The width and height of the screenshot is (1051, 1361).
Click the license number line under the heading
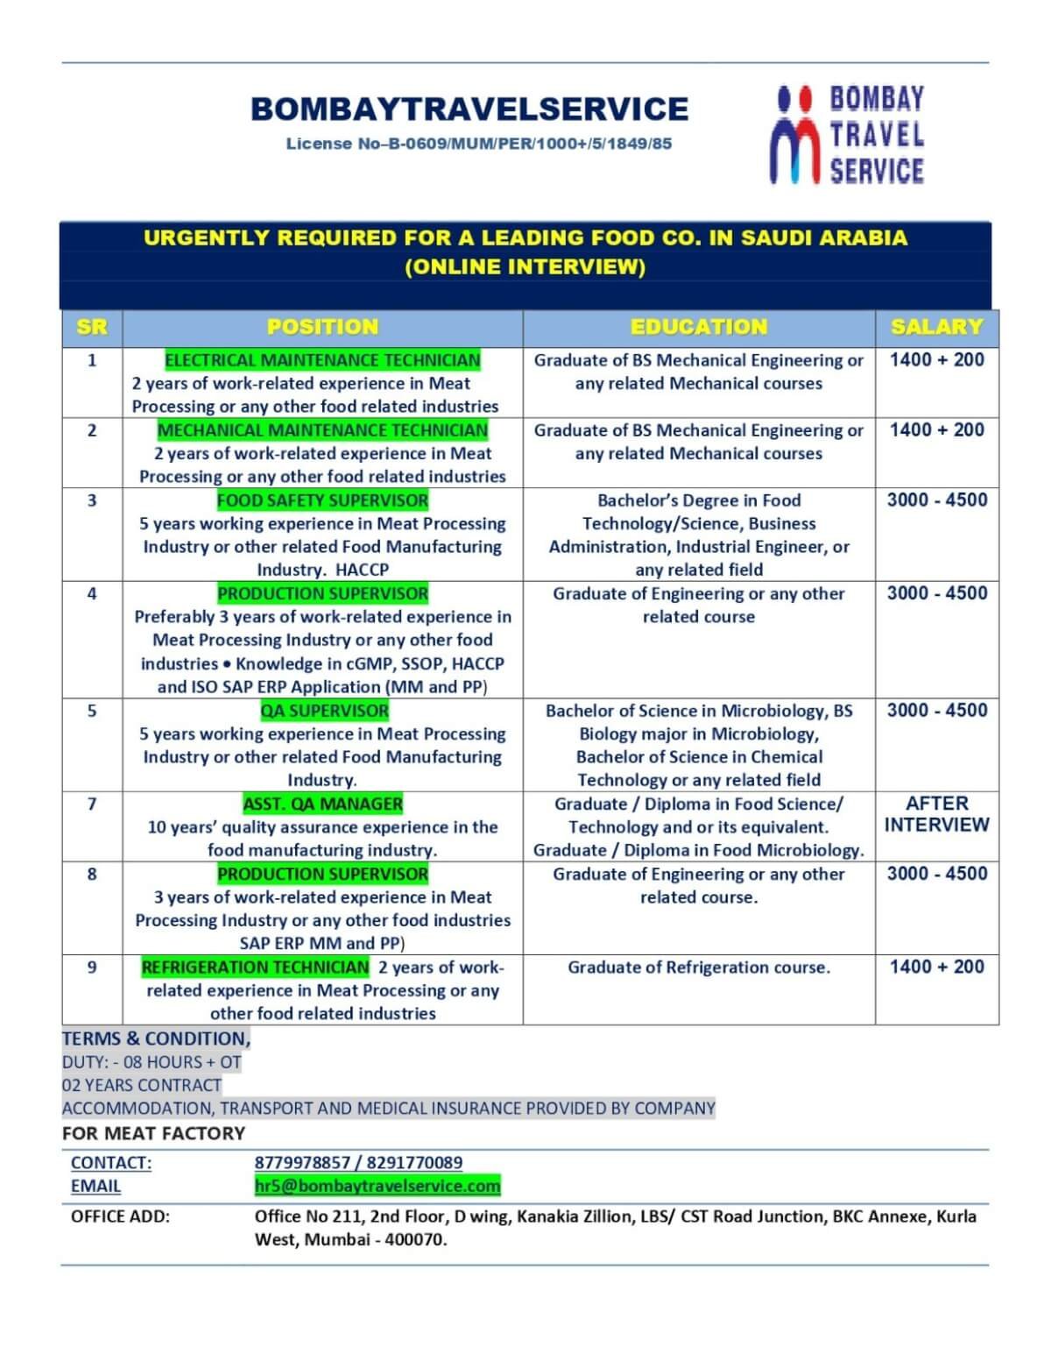coord(479,144)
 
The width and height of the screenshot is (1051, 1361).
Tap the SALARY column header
coord(936,328)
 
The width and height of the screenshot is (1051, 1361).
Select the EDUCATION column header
coord(699,328)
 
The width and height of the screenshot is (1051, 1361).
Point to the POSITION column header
coord(322,328)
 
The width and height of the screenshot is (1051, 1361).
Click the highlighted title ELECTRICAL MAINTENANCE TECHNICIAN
coord(322,360)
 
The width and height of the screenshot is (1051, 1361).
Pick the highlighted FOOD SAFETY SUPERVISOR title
coord(322,500)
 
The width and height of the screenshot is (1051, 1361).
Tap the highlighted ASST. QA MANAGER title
coord(322,804)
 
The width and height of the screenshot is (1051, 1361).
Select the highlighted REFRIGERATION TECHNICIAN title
coord(255,967)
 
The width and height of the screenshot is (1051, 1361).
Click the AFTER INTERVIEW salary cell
coord(936,814)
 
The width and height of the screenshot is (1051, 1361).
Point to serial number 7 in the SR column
coord(92,804)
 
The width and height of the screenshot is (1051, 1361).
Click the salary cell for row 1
coord(936,360)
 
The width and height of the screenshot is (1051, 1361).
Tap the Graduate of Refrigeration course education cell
coord(699,968)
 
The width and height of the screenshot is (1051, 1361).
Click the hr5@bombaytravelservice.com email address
coord(377,1186)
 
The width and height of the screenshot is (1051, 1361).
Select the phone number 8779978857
coord(302,1163)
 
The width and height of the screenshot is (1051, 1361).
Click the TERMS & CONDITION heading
coord(156,1038)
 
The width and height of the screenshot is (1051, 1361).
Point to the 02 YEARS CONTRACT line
coord(142,1085)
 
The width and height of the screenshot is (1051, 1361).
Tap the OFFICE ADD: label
coord(121,1216)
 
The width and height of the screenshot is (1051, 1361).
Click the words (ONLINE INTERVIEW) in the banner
coord(525,267)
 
